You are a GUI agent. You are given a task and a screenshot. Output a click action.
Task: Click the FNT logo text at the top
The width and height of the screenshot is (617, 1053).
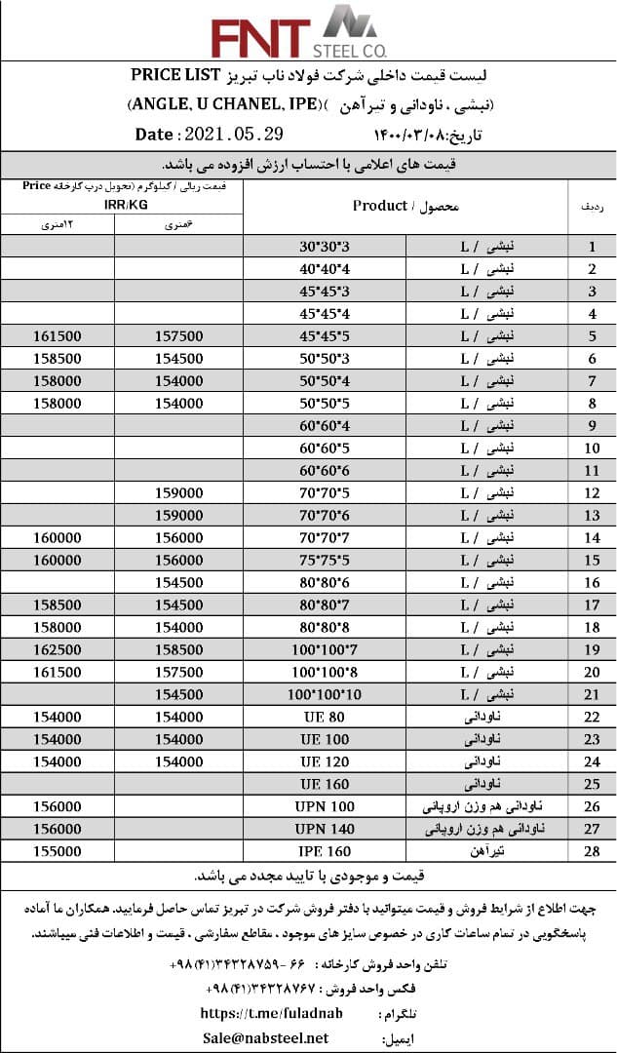coord(260,39)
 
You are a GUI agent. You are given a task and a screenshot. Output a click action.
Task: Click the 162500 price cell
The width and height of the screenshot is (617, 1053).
coord(58,648)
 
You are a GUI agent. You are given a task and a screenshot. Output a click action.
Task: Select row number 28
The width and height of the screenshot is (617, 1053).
coord(591,851)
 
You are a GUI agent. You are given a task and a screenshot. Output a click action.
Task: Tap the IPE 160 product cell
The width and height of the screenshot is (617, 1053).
coord(324,851)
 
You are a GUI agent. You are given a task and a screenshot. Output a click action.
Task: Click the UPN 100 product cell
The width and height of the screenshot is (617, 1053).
coord(325,806)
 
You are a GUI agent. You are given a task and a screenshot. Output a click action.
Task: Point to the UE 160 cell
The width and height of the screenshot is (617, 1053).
coord(324,784)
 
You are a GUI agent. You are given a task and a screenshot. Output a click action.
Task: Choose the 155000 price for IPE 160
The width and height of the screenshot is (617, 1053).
coord(58,851)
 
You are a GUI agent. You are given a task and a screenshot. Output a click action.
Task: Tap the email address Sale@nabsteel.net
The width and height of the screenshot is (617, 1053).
coord(265,1038)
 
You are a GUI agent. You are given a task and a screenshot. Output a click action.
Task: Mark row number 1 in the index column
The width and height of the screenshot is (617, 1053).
coord(591,248)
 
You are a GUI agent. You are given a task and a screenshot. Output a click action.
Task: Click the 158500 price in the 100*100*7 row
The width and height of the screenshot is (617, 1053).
coord(179,648)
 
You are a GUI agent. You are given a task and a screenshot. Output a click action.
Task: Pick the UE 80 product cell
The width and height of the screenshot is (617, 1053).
coord(324,717)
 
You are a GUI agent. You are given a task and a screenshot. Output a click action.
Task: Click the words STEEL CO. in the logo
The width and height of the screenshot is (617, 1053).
coord(350,49)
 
